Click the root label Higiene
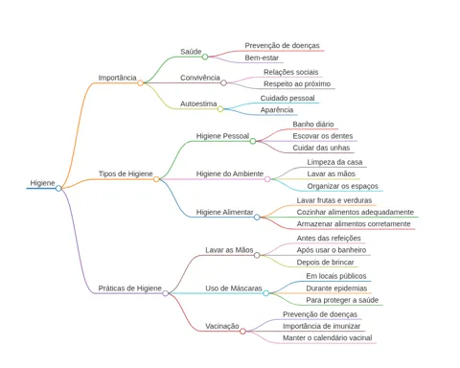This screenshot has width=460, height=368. [42, 183]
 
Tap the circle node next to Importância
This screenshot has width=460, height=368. [140, 83]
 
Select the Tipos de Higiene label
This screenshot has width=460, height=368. [126, 173]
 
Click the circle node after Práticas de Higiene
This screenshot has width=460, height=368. [165, 293]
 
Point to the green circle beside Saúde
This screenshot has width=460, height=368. [205, 57]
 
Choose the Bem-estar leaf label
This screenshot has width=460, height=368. [262, 57]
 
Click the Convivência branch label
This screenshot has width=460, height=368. [200, 78]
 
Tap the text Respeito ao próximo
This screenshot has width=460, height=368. [297, 84]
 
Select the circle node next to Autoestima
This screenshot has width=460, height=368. [220, 109]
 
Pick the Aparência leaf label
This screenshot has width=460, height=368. [277, 110]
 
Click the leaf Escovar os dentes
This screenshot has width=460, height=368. [323, 136]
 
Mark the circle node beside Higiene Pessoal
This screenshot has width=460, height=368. [253, 141]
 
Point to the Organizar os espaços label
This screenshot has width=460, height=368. [342, 186]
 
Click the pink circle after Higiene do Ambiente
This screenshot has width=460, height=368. [267, 179]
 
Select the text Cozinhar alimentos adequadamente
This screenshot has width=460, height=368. [356, 212]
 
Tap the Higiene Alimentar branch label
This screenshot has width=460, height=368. [224, 212]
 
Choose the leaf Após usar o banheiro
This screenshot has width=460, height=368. [332, 250]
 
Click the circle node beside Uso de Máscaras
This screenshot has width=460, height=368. [265, 293]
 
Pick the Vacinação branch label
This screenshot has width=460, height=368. [222, 326]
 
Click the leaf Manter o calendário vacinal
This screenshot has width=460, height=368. [328, 338]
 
